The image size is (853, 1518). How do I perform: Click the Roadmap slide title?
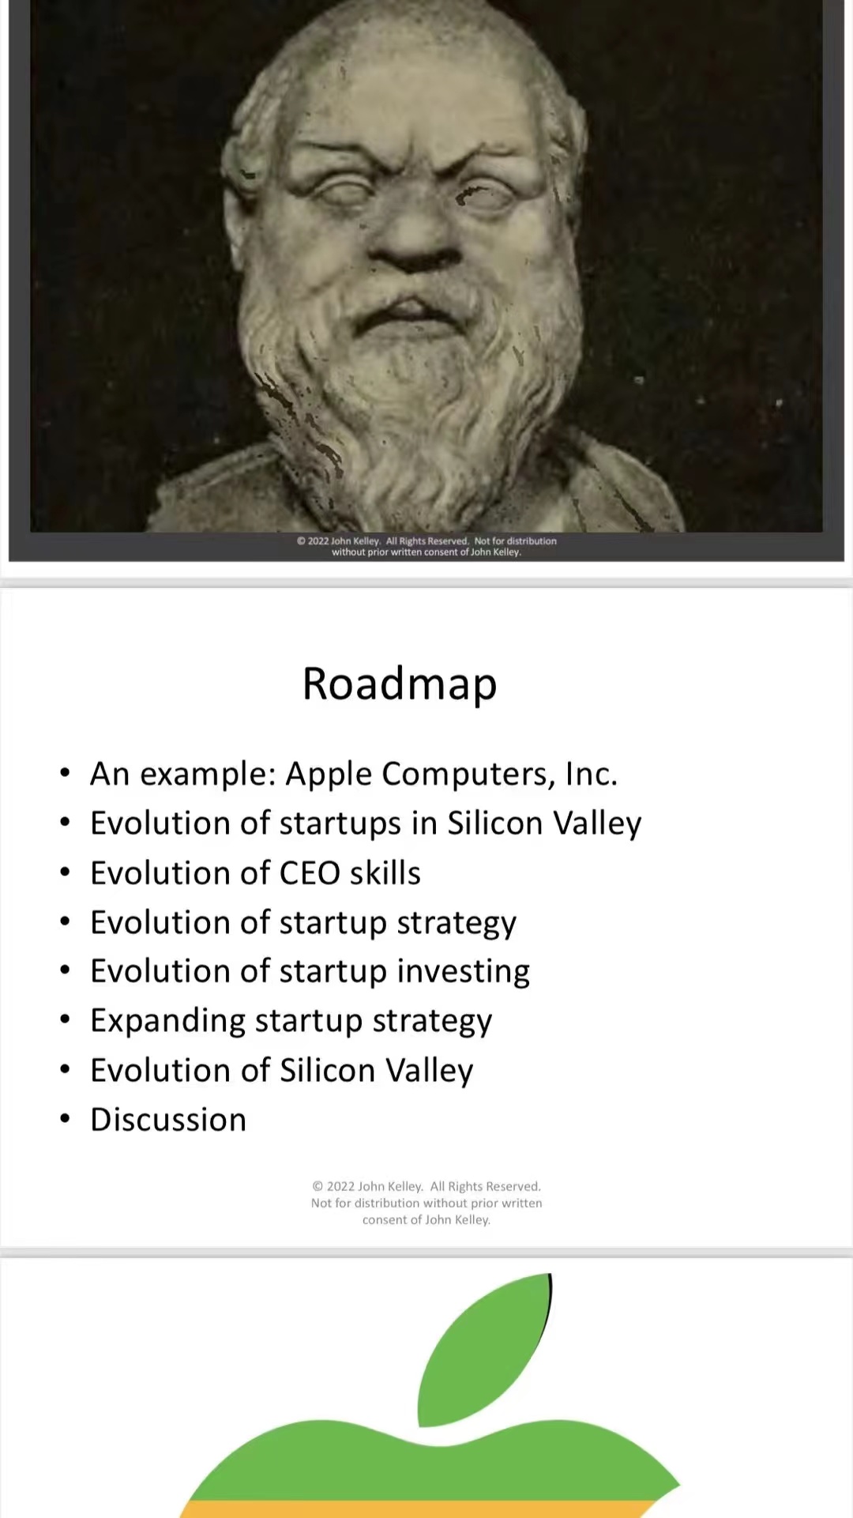tap(400, 684)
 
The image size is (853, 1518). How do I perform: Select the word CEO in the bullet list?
tap(310, 873)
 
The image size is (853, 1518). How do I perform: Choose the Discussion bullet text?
tap(168, 1120)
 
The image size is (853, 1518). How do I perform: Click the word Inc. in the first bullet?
tap(592, 774)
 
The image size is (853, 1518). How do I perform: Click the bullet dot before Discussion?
tap(65, 1119)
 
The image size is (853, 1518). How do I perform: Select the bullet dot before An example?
tap(65, 773)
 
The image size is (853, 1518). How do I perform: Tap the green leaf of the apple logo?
tap(484, 1350)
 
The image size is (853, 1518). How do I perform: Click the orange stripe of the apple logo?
tap(419, 1509)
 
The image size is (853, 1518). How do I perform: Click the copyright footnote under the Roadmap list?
tap(426, 1203)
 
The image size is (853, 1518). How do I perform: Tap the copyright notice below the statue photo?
tap(426, 546)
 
